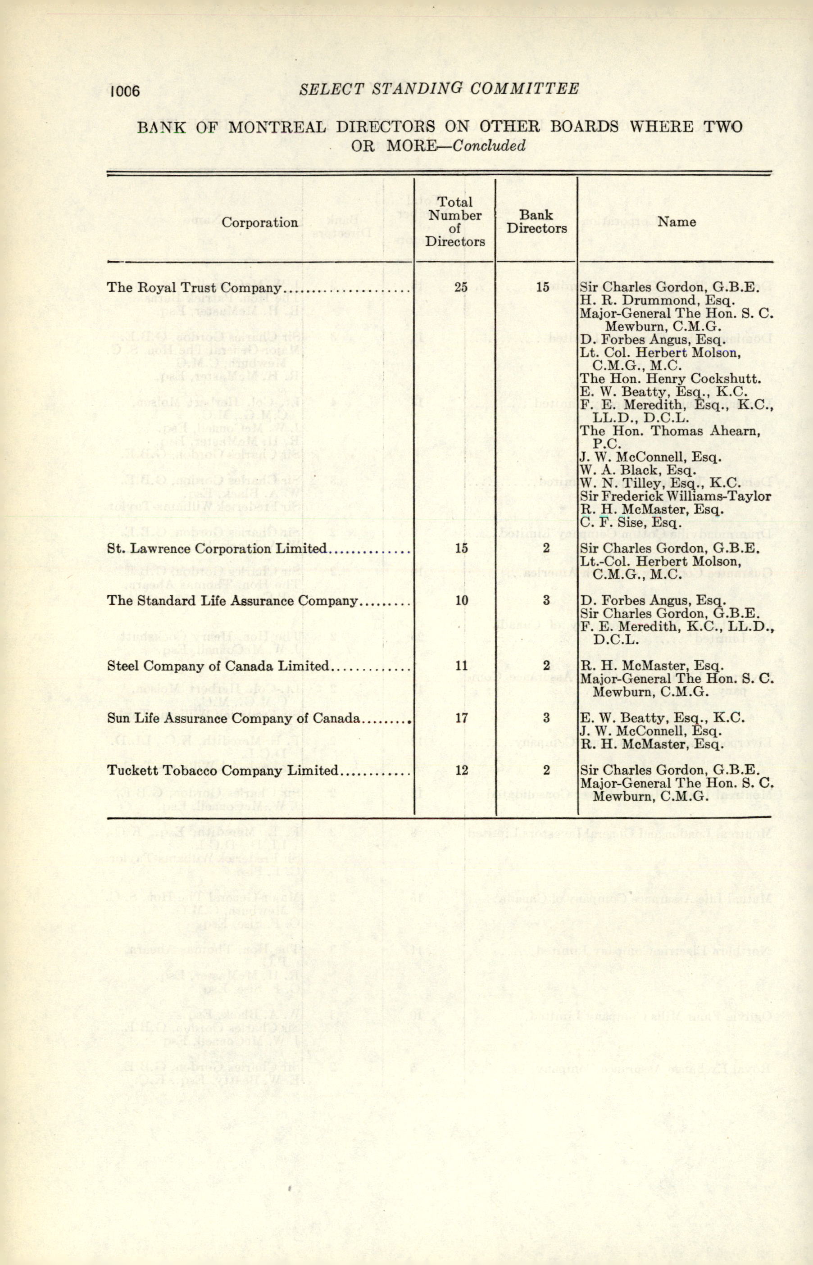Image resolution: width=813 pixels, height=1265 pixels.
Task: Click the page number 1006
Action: (x=125, y=91)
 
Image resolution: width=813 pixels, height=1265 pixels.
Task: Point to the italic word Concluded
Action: (x=491, y=145)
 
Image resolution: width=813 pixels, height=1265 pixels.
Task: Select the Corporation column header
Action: (x=259, y=222)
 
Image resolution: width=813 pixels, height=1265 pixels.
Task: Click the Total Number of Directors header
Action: (x=455, y=222)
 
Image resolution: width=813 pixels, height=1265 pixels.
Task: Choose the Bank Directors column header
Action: (x=537, y=222)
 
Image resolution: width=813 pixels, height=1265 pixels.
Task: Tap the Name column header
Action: (x=676, y=222)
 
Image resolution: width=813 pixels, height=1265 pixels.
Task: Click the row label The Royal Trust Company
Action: (x=193, y=288)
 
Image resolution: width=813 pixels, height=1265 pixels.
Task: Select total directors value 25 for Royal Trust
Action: (x=461, y=288)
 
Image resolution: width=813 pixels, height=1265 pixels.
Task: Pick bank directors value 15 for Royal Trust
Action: (x=542, y=288)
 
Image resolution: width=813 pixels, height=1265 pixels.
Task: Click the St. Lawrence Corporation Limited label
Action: (x=217, y=549)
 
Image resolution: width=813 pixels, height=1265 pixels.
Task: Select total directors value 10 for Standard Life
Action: (x=461, y=601)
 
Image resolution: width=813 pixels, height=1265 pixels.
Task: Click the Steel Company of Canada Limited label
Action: (x=218, y=666)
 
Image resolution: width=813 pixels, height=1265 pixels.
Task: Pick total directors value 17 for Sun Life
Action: (x=461, y=718)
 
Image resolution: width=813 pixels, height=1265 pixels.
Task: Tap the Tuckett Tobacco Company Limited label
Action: (x=222, y=771)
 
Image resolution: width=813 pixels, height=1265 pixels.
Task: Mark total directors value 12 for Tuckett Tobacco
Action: (x=461, y=771)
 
